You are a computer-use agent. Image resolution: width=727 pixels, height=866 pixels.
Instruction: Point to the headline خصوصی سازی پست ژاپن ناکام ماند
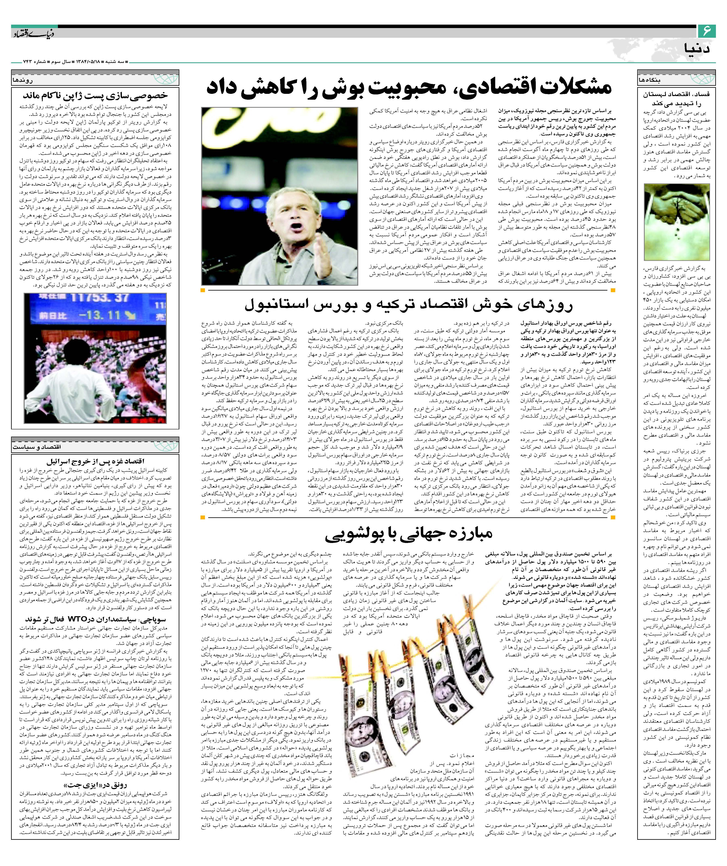(95, 96)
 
